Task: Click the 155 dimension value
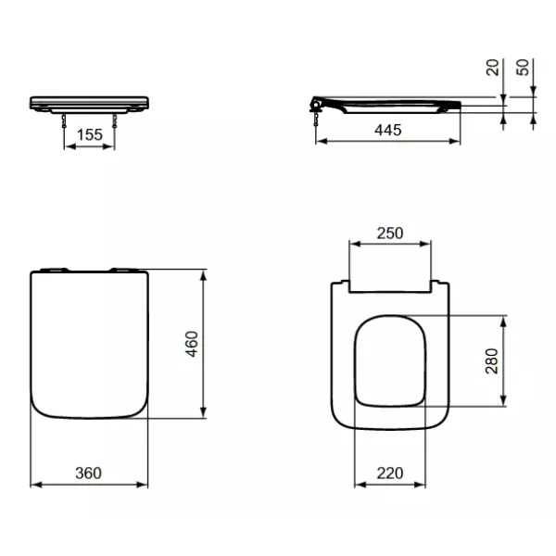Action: [x=89, y=134]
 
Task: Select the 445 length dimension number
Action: [x=388, y=131]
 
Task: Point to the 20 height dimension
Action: [x=493, y=68]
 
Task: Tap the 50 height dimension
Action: [x=524, y=68]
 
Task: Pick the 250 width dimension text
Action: [x=390, y=234]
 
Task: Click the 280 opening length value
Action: [x=493, y=360]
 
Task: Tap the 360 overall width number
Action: [x=89, y=473]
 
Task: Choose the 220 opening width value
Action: [x=390, y=473]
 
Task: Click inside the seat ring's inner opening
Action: [x=390, y=361]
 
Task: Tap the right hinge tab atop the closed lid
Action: [x=122, y=270]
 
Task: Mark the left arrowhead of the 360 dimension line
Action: [x=34, y=484]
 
